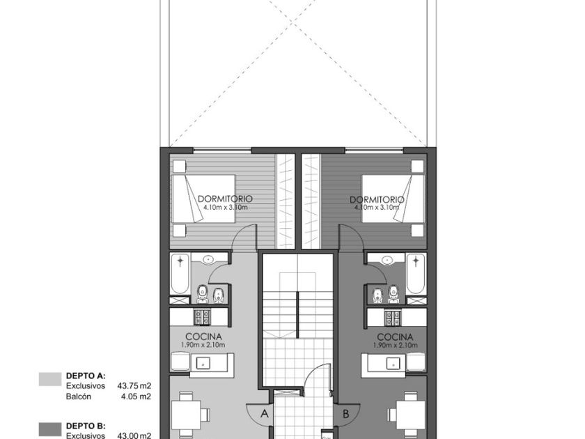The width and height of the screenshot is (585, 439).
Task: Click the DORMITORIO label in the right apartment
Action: click(377, 199)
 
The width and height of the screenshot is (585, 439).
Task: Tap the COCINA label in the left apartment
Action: click(203, 337)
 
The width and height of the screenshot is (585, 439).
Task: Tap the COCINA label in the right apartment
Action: click(395, 337)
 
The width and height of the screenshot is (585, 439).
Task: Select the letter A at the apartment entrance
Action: click(265, 413)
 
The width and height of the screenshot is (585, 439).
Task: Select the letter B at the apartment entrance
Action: click(346, 414)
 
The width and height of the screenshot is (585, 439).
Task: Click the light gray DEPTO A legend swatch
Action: click(50, 379)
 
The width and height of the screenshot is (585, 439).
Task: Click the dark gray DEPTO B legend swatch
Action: click(50, 429)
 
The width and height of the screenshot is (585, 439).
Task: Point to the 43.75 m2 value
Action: click(134, 385)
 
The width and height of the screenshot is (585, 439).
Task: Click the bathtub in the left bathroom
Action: click(180, 274)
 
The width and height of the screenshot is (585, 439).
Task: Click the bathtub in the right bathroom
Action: click(416, 274)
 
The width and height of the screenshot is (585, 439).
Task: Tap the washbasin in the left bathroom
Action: click(208, 259)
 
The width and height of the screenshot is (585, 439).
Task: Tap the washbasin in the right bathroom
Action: click(388, 259)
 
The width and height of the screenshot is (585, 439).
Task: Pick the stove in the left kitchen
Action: click(202, 317)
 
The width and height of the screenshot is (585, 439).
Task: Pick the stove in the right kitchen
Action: click(393, 317)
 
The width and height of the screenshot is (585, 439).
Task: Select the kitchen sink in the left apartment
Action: click(203, 362)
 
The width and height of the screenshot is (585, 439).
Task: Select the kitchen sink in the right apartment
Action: click(393, 362)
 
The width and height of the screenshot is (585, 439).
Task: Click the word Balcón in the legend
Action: click(79, 396)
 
